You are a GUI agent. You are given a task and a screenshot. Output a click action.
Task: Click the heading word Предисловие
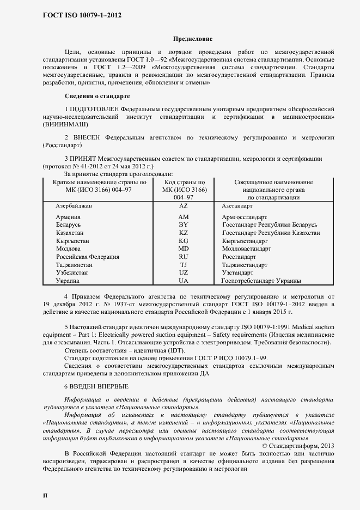192,39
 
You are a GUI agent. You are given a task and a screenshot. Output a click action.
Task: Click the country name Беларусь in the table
68,224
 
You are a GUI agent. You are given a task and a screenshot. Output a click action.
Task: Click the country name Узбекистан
74,272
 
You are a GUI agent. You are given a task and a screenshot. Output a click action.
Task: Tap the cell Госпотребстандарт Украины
261,281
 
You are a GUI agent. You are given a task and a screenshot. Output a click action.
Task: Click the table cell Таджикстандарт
245,265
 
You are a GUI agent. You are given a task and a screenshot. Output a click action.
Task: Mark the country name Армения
68,217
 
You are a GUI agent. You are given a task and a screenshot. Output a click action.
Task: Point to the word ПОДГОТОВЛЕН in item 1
94,109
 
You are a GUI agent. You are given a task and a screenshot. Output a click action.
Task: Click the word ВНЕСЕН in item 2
85,137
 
